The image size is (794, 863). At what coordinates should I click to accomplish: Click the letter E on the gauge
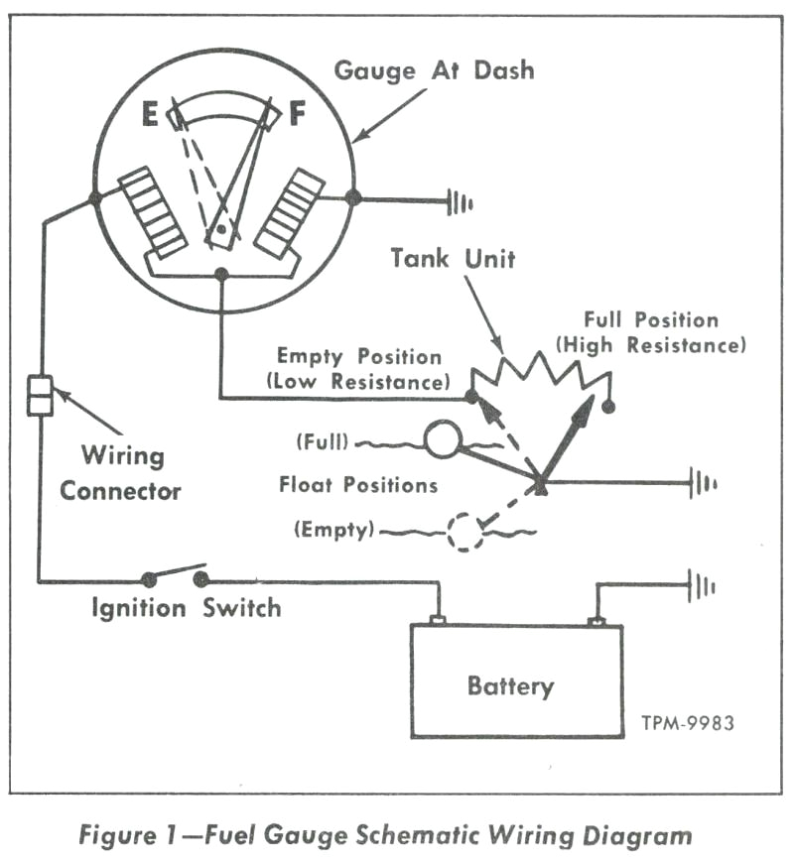click(x=150, y=116)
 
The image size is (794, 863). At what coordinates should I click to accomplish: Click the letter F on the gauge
click(x=297, y=116)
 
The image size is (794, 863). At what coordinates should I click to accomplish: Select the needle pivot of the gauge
click(x=223, y=232)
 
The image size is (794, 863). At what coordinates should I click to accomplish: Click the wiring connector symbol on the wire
click(x=40, y=395)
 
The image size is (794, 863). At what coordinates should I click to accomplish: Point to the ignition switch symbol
click(x=175, y=575)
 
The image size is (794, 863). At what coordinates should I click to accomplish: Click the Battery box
click(x=516, y=682)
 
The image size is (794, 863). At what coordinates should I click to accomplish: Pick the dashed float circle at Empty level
click(x=464, y=532)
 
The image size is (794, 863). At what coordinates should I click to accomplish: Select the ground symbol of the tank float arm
click(x=704, y=485)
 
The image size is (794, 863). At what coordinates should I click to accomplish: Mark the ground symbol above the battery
click(x=704, y=586)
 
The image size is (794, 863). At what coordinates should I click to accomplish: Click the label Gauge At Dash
click(x=434, y=70)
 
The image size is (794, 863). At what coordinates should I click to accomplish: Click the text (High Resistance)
click(x=651, y=346)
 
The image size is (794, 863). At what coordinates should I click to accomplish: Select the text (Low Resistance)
click(x=358, y=381)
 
